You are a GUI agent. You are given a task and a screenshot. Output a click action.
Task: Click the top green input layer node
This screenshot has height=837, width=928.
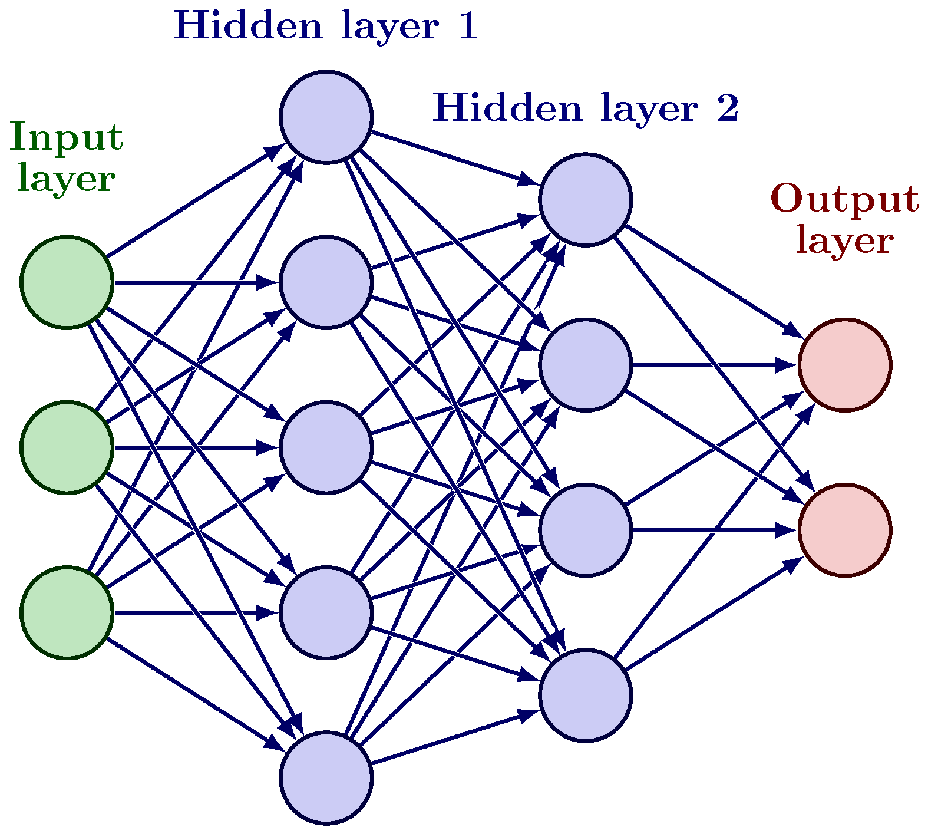[x=67, y=282]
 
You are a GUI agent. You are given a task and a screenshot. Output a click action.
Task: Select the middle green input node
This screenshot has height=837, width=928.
[x=67, y=447]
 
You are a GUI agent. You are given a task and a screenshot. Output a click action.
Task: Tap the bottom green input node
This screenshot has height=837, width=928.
[x=67, y=612]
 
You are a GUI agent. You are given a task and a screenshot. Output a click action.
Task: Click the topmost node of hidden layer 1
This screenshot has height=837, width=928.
[x=326, y=117]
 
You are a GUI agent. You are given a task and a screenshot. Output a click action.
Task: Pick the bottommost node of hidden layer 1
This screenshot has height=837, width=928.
[x=326, y=777]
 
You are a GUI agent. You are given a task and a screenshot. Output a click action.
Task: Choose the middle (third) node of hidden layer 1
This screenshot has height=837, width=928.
[x=326, y=447]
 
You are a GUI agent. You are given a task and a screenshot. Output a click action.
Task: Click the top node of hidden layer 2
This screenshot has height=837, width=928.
[x=585, y=200]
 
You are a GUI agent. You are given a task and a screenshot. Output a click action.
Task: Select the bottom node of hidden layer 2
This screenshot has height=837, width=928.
[x=585, y=695]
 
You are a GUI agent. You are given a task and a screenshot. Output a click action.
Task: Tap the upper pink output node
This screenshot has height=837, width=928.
[x=844, y=365]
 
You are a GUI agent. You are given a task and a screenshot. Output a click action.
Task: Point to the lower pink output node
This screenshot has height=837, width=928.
[x=844, y=530]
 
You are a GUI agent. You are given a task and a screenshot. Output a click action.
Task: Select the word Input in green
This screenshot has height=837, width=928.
[x=66, y=137]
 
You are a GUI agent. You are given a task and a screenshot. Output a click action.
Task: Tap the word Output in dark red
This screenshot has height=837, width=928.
[x=844, y=199]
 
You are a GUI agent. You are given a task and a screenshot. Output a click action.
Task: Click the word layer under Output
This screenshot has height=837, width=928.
[x=844, y=242]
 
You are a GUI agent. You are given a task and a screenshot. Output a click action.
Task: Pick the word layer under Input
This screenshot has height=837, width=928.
[x=66, y=179]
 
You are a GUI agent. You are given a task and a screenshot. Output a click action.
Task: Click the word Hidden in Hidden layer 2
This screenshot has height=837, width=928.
[x=508, y=108]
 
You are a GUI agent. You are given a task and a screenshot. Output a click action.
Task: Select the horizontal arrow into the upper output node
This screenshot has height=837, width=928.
[x=713, y=365]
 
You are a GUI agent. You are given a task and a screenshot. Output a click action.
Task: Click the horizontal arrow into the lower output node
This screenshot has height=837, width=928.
[x=713, y=530]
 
